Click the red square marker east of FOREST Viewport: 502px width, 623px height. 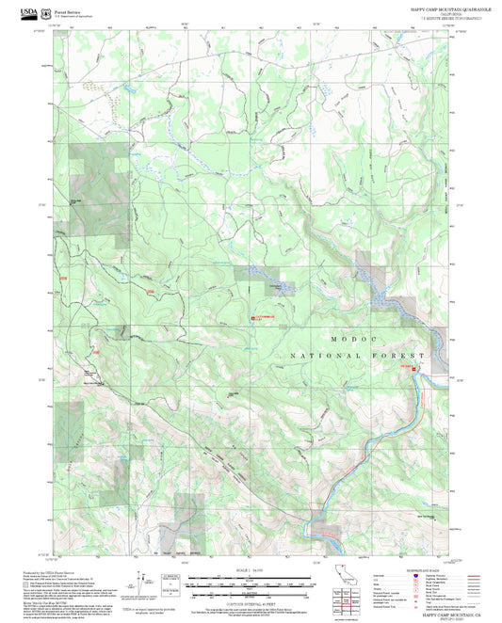407,366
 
